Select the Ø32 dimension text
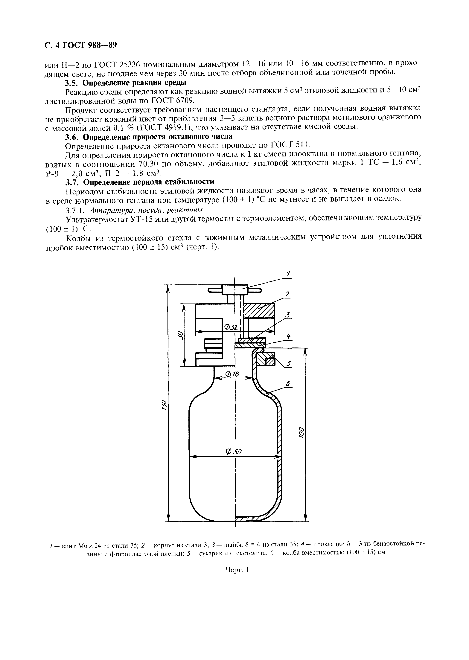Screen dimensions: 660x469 231,327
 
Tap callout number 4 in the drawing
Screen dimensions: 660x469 288,336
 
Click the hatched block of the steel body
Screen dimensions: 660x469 258,311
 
